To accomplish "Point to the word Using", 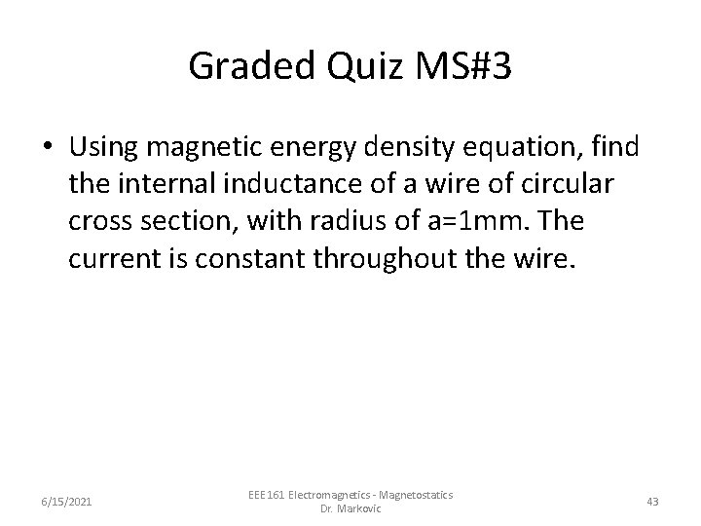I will [105, 147].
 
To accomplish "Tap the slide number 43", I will [652, 502].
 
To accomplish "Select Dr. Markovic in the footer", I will [350, 509].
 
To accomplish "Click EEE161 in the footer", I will [268, 495].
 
